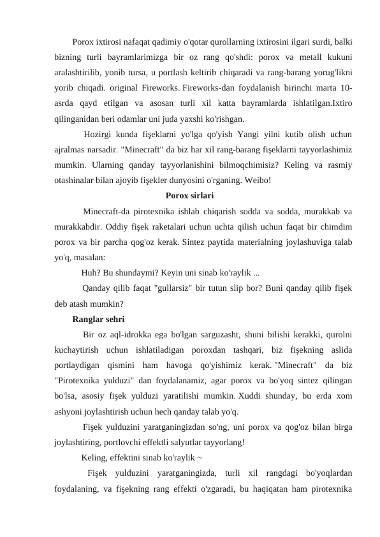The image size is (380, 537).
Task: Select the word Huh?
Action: [x=92, y=272]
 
